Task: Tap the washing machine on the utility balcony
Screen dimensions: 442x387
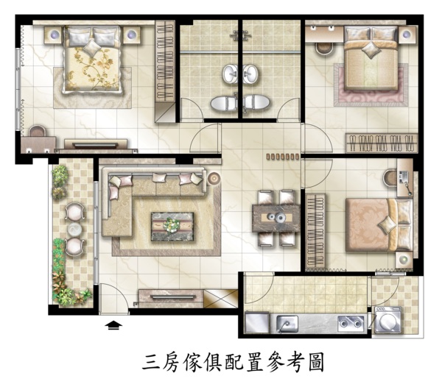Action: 388,320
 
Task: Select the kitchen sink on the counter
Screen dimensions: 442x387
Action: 287,323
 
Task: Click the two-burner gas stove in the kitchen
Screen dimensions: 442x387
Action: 351,323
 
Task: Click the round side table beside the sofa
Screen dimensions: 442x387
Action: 214,178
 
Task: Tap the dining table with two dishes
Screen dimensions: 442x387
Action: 276,218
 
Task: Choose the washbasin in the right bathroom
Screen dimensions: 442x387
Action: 250,74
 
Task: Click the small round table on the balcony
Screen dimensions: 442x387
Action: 74,229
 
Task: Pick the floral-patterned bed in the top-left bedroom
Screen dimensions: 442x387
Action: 92,59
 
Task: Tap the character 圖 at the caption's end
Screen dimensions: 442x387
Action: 316,363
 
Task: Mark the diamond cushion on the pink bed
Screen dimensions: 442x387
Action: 387,224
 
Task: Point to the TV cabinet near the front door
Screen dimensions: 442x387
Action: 171,298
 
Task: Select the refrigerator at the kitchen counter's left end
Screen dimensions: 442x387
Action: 258,322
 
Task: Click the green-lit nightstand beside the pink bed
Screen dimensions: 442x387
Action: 404,260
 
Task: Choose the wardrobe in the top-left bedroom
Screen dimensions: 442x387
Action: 165,72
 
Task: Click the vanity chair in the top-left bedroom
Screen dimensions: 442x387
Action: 38,131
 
